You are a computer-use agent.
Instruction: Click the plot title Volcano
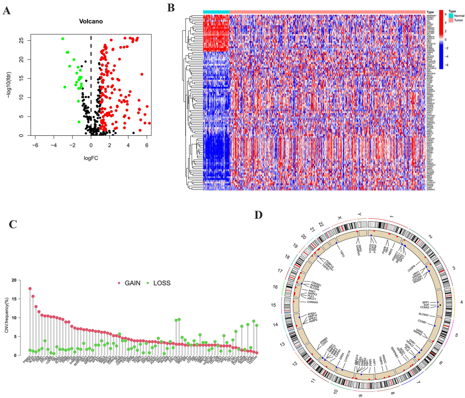(91, 22)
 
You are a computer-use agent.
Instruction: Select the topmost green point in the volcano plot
(63, 39)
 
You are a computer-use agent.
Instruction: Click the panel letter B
(171, 8)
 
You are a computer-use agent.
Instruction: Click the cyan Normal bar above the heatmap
(216, 12)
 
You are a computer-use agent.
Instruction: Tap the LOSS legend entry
(161, 283)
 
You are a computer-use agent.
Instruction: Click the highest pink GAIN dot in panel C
(30, 289)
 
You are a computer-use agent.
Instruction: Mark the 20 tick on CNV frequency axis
(20, 280)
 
